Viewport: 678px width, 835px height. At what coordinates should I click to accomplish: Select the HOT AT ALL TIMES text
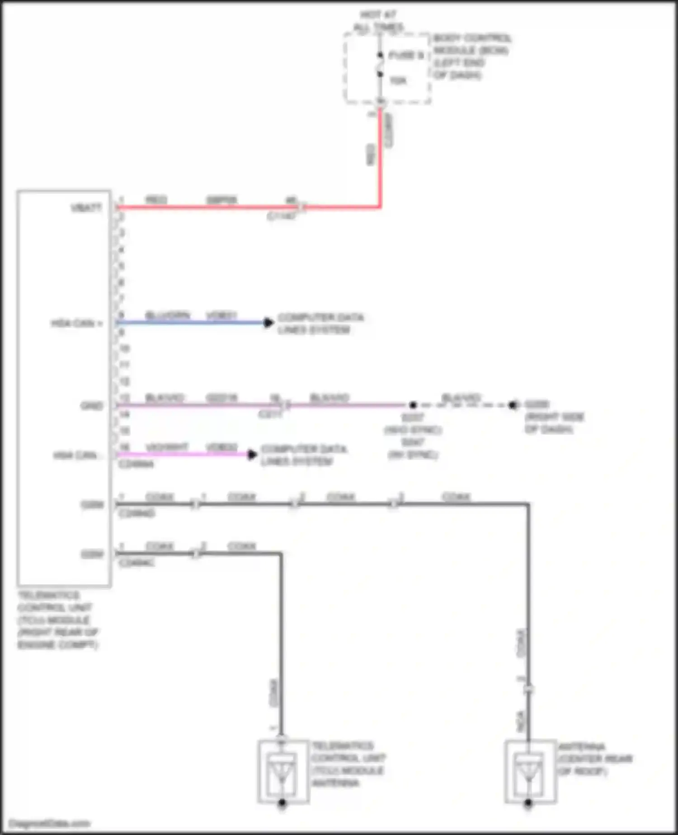click(x=378, y=21)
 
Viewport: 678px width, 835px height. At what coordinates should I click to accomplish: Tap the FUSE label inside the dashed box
click(x=406, y=56)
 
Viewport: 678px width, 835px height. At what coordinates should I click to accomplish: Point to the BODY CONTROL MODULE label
click(x=471, y=56)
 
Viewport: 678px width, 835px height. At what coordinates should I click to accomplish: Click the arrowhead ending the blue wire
click(x=269, y=323)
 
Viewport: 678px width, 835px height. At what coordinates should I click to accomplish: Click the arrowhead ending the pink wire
click(x=252, y=454)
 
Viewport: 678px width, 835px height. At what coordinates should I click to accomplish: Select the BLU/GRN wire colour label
click(x=167, y=315)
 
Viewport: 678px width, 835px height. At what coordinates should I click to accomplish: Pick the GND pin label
click(x=92, y=406)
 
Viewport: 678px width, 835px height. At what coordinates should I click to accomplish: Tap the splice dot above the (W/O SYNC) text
click(x=413, y=405)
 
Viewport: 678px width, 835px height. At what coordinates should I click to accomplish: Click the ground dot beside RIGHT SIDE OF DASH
click(x=512, y=405)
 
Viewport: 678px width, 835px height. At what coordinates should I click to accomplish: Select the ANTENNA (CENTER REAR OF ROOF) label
click(x=594, y=759)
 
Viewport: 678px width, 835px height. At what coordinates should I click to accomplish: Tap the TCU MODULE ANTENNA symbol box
click(x=283, y=771)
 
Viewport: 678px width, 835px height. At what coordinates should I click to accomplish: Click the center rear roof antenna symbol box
click(x=530, y=771)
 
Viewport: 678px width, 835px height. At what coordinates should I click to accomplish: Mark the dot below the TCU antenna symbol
click(x=282, y=803)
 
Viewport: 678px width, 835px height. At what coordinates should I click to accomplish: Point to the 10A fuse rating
click(x=398, y=81)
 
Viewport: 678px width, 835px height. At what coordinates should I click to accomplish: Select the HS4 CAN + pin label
click(x=76, y=323)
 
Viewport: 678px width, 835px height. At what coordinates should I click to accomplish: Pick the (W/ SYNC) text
click(x=413, y=454)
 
